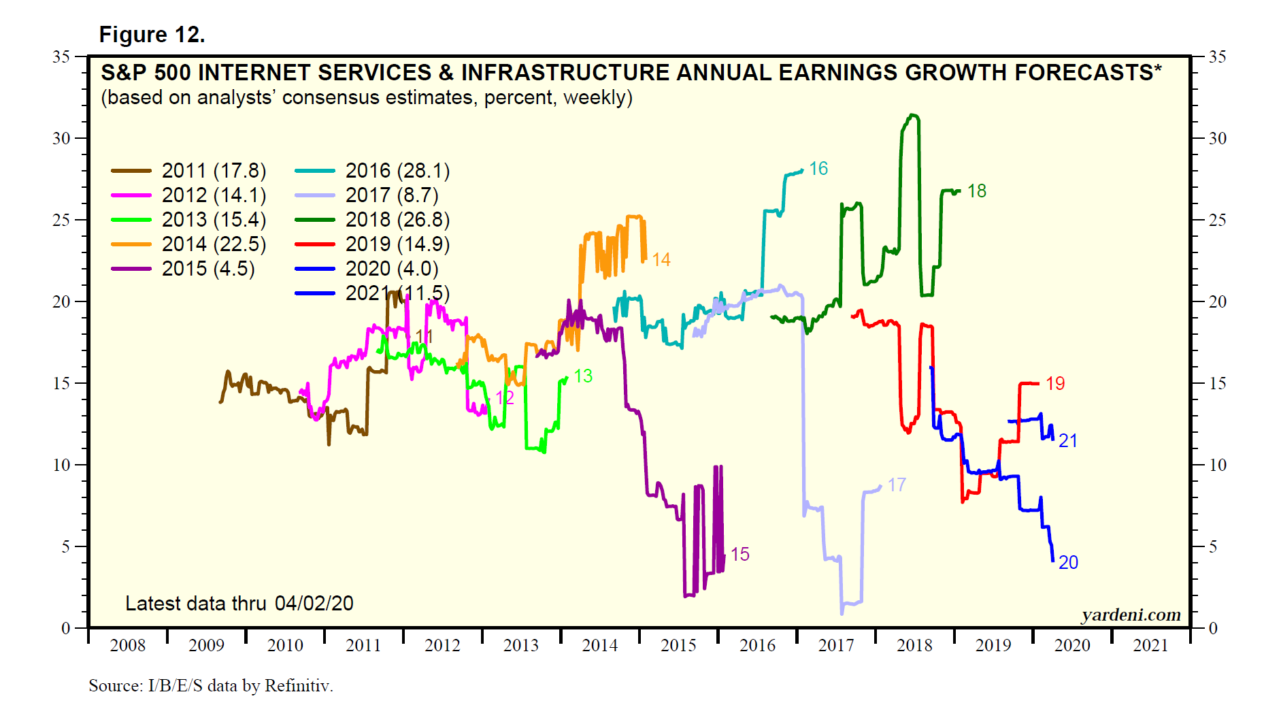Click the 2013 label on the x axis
tap(521, 645)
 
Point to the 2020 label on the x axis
tap(1072, 645)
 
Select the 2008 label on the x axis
tap(128, 645)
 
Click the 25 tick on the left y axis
tap(62, 220)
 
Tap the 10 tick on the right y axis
tap(1217, 465)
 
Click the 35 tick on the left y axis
tap(62, 56)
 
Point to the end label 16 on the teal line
tap(818, 169)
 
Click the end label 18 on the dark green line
tap(977, 191)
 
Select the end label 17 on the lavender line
tap(897, 485)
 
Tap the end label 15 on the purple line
tap(740, 555)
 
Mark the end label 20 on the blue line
tap(1068, 563)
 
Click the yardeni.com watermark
tap(1131, 615)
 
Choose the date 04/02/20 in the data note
tap(314, 604)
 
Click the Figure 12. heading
tap(152, 35)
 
